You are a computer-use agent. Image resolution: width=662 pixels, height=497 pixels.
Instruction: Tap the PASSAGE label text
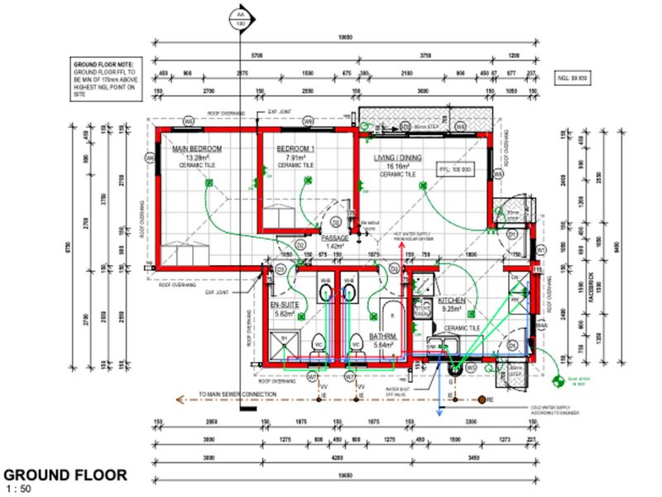pyautogui.click(x=334, y=238)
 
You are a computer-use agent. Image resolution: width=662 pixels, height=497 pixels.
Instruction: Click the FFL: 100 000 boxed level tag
pyautogui.click(x=455, y=169)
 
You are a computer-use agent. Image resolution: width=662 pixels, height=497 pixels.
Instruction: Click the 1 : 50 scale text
pyautogui.click(x=17, y=489)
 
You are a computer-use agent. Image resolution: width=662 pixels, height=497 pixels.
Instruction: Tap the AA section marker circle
pyautogui.click(x=241, y=19)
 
